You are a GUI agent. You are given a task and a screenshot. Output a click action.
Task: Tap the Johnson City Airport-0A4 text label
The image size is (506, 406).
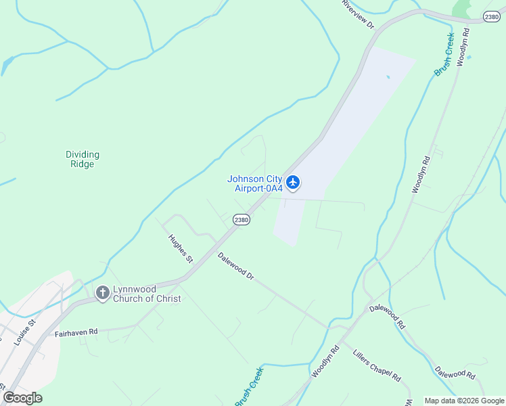254,183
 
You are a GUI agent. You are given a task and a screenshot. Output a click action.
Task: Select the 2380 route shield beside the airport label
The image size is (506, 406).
241,220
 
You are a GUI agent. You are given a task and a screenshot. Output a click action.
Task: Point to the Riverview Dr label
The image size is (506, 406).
358,14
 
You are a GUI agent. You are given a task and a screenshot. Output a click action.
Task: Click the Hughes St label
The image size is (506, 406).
181,248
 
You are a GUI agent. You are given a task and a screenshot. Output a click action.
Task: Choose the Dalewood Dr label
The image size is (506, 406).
235,267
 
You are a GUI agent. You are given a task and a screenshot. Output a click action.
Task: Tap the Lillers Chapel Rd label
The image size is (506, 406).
377,365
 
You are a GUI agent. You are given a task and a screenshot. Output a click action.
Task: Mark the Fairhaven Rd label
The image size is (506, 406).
76,332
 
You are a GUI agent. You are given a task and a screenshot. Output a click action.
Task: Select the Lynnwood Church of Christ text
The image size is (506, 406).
147,294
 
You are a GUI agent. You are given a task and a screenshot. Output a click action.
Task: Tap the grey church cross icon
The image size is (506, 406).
102,293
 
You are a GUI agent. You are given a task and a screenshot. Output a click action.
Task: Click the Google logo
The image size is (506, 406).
23,398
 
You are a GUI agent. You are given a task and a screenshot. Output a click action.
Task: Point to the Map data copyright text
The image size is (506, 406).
464,401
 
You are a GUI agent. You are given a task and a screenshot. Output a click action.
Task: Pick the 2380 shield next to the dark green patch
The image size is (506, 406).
492,17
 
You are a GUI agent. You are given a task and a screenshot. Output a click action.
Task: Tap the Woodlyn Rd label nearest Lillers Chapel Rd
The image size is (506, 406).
325,363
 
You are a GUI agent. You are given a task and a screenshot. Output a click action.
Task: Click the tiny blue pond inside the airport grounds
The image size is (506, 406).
388,76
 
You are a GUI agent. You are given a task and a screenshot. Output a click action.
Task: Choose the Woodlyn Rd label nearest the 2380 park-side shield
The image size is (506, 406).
463,47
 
